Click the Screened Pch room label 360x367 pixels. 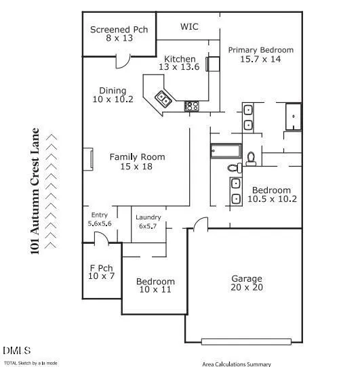119,30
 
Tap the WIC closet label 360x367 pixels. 189,26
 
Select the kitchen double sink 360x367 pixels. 163,99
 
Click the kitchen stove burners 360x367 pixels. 191,106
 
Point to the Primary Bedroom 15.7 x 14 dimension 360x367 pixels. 260,59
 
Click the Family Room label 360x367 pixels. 137,157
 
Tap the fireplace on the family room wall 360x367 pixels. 88,159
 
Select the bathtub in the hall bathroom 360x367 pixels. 226,151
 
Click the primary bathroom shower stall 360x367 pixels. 293,116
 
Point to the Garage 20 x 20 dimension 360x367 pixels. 247,287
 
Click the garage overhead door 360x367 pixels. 246,342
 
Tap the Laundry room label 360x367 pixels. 148,217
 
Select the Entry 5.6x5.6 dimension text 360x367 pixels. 100,223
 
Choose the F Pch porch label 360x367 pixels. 101,268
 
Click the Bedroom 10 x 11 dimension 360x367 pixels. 155,290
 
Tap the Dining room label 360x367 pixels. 113,91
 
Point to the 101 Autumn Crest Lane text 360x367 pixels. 35,191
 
